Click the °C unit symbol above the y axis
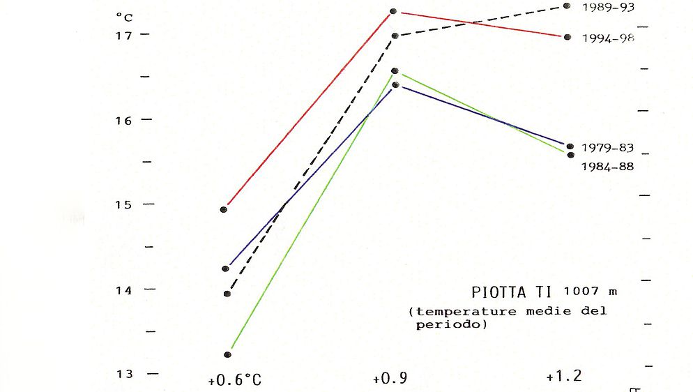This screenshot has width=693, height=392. (123, 17)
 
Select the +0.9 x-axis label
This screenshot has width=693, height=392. (390, 379)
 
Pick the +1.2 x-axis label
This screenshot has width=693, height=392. (563, 377)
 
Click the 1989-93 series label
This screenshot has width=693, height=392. (607, 7)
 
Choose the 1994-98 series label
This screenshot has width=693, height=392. (608, 38)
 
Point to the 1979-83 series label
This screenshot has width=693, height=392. (608, 148)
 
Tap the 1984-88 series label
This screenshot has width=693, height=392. (608, 167)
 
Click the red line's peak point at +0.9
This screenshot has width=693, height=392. (393, 11)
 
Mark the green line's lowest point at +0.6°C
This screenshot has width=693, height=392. (227, 355)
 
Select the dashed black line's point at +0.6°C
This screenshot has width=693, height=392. (227, 294)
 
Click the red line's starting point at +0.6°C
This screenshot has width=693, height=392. (224, 209)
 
